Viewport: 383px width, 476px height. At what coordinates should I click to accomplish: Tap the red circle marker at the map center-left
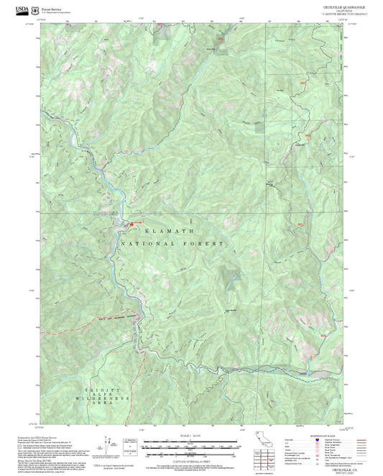coord(131,224)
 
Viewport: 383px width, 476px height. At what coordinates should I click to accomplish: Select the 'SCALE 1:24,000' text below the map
coord(191,434)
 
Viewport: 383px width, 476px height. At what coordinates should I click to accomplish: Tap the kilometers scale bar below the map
coord(191,447)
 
